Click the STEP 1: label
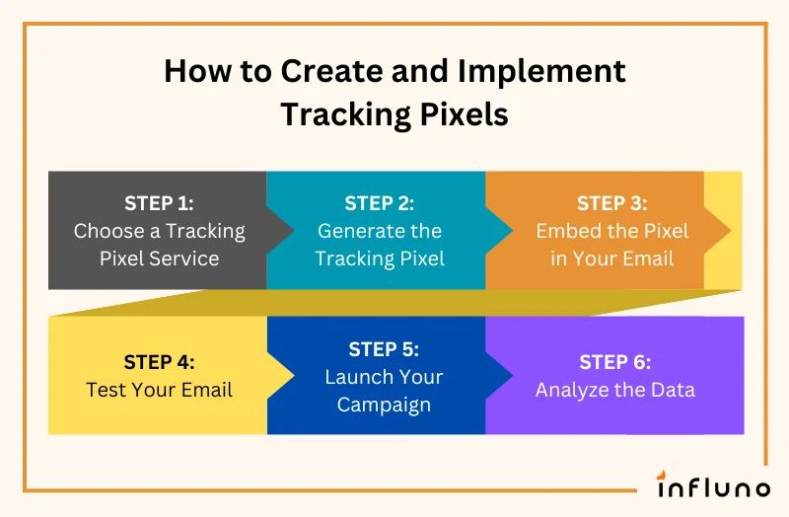click(159, 203)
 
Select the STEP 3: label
click(611, 203)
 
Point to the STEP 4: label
click(159, 361)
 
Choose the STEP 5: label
click(384, 349)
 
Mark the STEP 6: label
click(614, 361)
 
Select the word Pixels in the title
click(464, 114)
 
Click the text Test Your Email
click(159, 389)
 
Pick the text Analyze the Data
click(614, 389)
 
